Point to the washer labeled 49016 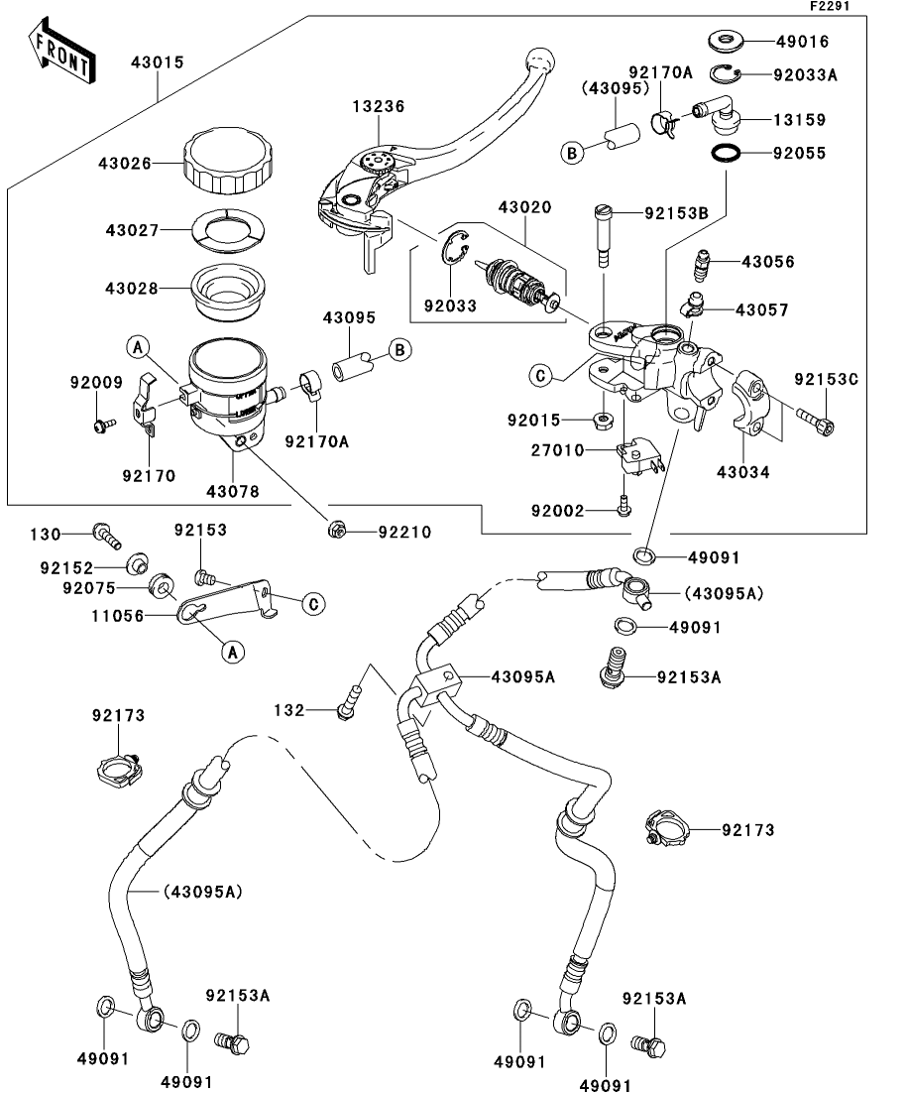(727, 42)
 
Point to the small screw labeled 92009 (100, 424)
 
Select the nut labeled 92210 (338, 531)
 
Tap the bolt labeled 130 (105, 536)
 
